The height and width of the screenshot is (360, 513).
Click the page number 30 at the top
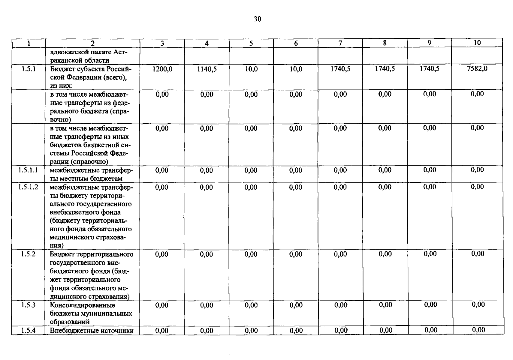click(x=257, y=19)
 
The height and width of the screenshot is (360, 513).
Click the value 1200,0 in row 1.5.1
click(x=162, y=69)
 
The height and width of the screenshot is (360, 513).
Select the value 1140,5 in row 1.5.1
click(x=207, y=69)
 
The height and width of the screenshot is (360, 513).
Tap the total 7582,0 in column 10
click(x=477, y=68)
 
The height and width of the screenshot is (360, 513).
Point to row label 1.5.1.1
click(x=28, y=170)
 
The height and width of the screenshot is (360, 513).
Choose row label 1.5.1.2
click(x=28, y=187)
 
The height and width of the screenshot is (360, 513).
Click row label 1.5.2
click(x=28, y=254)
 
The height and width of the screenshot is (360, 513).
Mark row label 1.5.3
click(x=28, y=305)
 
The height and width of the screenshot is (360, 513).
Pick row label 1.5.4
click(x=28, y=331)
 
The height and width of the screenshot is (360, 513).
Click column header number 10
click(x=477, y=43)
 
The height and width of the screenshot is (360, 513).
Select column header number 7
click(x=340, y=43)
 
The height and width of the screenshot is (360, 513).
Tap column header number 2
click(x=92, y=43)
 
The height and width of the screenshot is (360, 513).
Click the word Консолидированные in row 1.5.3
click(x=83, y=305)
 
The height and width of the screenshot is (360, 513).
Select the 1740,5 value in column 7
click(x=340, y=69)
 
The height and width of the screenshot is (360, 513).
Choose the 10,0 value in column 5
click(x=251, y=69)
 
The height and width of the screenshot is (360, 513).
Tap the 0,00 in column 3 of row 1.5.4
click(x=162, y=331)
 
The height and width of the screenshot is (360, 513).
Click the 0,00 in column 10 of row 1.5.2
click(x=478, y=254)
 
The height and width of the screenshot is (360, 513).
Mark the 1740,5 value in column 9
click(x=430, y=68)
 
